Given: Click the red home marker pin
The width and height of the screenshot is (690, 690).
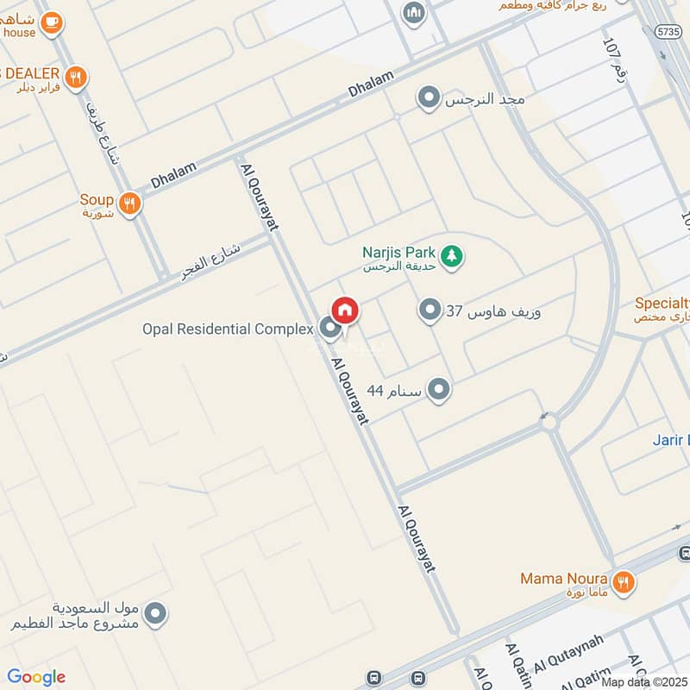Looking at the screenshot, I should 345,310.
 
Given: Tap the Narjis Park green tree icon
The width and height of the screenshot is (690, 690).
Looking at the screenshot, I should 451,255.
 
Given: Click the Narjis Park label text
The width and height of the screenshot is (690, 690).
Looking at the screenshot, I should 398,253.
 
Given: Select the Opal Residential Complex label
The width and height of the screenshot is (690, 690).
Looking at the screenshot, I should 229,329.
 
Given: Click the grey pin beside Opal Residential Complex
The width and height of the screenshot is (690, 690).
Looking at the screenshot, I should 329,328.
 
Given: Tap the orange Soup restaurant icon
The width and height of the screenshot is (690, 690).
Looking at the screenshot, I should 129,204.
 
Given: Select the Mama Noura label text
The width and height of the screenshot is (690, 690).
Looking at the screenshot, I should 564,578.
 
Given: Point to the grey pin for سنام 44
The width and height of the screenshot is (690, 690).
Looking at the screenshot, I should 439,391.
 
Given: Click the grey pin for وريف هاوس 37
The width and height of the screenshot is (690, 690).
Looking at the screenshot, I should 430,310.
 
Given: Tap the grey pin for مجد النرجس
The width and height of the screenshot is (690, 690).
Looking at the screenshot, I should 429,99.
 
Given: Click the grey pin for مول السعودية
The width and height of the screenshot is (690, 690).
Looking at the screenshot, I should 155,614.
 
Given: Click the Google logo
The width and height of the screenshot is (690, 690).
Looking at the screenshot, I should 36,677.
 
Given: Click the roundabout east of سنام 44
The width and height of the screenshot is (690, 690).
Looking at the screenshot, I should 549,422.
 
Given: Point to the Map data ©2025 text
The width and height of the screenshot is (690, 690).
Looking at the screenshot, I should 645,681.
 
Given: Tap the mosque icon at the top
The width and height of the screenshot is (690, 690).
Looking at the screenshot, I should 414,13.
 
